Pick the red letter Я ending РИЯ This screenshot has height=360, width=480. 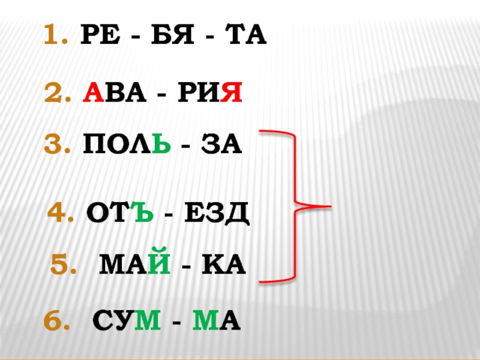point(233,94)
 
